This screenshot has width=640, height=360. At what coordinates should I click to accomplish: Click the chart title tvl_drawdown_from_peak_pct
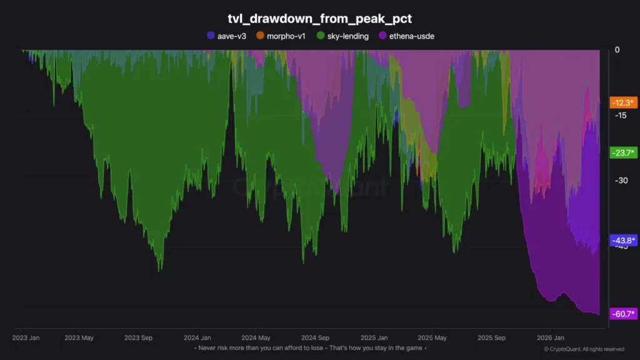click(x=320, y=19)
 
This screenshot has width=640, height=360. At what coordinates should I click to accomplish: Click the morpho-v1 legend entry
click(x=281, y=36)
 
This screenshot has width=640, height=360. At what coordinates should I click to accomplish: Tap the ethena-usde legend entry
click(x=406, y=36)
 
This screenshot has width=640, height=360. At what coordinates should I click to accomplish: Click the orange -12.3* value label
click(x=623, y=102)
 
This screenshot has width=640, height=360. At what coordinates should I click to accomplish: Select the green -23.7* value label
click(x=623, y=152)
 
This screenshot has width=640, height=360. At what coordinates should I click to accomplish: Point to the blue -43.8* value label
click(x=623, y=241)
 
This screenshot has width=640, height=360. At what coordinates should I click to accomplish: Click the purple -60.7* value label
click(x=623, y=314)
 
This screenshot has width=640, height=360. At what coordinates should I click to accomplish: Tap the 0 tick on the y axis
click(x=617, y=50)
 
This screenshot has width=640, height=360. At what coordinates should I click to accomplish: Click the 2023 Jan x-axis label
click(x=26, y=337)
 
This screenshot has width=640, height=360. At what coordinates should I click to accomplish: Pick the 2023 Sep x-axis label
click(x=139, y=337)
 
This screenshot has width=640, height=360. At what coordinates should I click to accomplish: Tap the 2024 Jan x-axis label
click(x=197, y=337)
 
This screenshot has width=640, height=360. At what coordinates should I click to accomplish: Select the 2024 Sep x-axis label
click(x=314, y=337)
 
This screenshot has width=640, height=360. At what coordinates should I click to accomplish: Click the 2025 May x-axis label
click(x=432, y=337)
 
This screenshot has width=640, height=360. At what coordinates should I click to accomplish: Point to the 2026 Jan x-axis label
click(x=550, y=337)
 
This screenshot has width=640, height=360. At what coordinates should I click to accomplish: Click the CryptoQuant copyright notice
click(x=583, y=349)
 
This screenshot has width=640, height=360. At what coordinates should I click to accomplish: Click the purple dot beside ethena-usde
click(x=383, y=36)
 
